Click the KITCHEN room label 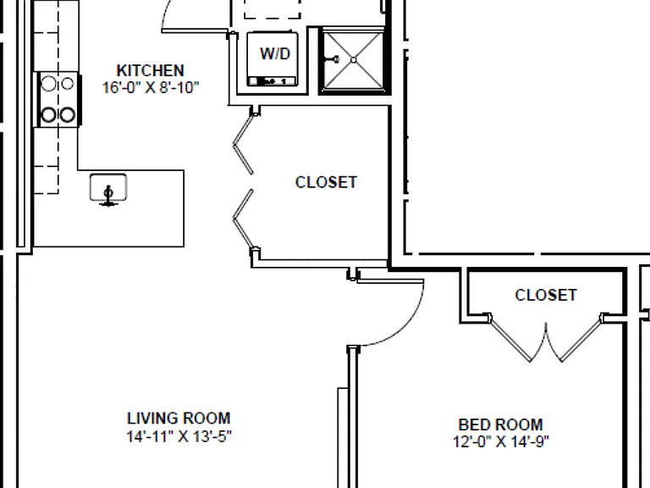pos(150,70)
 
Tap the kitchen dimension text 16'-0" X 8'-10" pos(151,87)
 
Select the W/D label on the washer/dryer pos(275,53)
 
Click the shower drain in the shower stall pos(353,60)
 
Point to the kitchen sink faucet pos(108,196)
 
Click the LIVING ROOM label pos(179,418)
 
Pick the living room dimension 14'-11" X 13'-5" pos(179,436)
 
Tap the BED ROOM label pos(501,424)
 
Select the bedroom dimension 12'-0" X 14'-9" pos(501,441)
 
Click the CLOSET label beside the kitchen pos(326,182)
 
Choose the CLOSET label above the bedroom pos(546,295)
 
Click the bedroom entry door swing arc pos(406,327)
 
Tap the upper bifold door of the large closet pos(243,144)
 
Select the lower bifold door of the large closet pos(243,219)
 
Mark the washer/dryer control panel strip pos(273,81)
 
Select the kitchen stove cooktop pos(58,100)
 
